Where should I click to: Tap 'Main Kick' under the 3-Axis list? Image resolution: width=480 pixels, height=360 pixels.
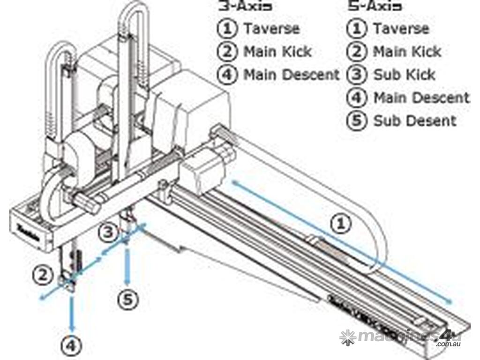277,52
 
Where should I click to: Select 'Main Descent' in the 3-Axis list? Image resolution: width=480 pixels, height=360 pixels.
291,75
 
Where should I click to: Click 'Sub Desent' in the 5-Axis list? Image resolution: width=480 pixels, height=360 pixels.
414,120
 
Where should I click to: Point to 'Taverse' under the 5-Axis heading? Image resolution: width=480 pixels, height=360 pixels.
401,29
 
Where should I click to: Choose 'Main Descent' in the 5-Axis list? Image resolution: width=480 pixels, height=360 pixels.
421,97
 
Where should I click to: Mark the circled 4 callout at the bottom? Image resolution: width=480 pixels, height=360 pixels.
71,345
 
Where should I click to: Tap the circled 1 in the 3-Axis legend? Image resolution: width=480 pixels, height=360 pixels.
227,29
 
